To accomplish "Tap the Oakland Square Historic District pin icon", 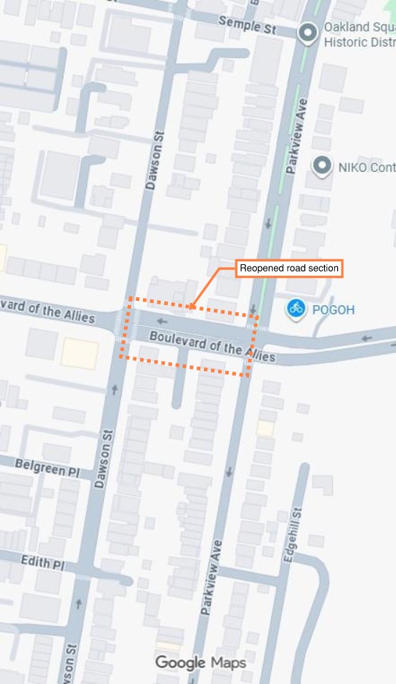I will click(308, 33).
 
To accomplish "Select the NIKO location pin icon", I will click(322, 167).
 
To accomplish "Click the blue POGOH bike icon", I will click(296, 309).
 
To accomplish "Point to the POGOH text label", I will click(334, 310).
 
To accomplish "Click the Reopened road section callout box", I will click(289, 269).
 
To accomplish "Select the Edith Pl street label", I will click(42, 562).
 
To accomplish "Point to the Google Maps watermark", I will click(201, 663).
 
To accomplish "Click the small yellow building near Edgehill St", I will click(265, 428).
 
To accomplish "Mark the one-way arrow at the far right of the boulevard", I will click(368, 338).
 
